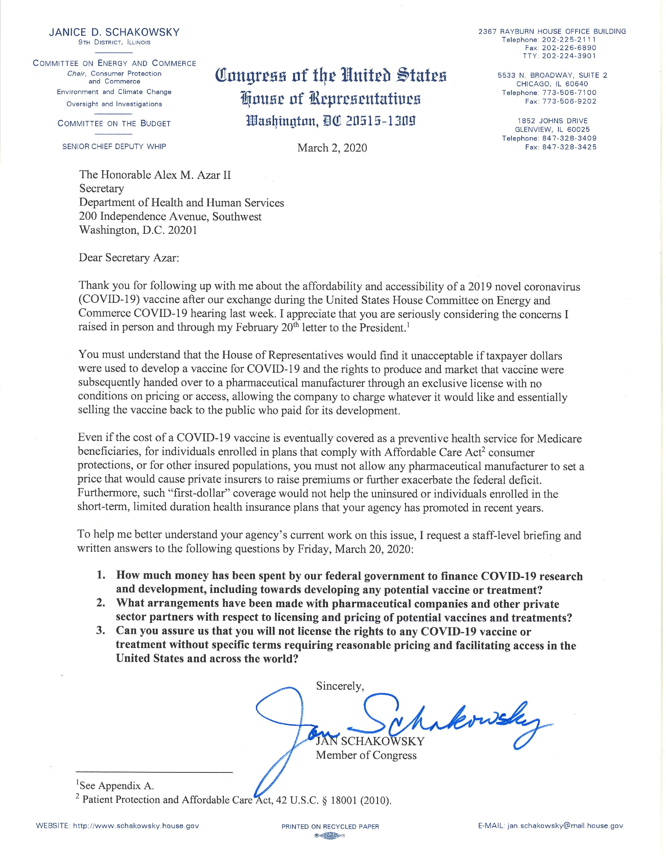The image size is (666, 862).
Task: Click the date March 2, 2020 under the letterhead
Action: click(x=332, y=148)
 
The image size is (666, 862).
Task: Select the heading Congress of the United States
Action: click(x=331, y=75)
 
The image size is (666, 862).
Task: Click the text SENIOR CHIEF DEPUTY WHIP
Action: click(x=114, y=146)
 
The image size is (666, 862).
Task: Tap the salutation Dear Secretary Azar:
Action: click(x=129, y=258)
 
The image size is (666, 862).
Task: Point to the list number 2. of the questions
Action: click(x=101, y=604)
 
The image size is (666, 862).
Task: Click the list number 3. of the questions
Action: click(x=101, y=631)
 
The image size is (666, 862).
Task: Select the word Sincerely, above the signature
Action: click(x=340, y=686)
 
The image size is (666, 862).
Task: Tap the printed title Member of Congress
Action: click(x=366, y=756)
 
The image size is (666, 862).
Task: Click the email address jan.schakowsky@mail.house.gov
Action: click(x=565, y=826)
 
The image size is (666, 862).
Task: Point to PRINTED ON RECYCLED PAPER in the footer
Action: click(x=330, y=826)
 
